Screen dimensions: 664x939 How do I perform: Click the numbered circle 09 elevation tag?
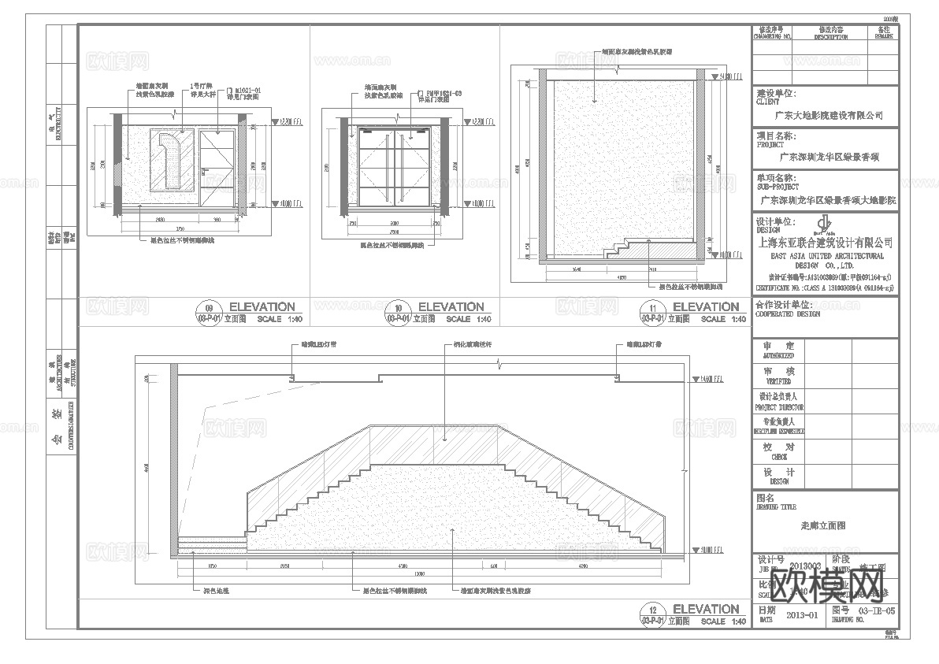(209, 308)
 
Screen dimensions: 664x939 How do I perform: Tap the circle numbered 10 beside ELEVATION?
(399, 308)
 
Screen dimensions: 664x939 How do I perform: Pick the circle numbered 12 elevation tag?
(652, 610)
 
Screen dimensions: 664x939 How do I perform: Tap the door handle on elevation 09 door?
(202, 169)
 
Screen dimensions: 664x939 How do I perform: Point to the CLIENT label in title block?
(767, 102)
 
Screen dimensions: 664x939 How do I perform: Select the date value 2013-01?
(803, 614)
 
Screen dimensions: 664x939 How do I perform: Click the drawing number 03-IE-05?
(875, 610)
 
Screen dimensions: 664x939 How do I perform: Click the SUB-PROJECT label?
(778, 187)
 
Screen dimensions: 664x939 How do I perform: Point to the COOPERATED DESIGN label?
(787, 313)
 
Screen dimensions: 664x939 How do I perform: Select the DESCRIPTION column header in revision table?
(831, 37)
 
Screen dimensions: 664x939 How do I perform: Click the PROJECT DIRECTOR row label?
(780, 408)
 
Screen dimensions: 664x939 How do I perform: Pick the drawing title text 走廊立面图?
(823, 525)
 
